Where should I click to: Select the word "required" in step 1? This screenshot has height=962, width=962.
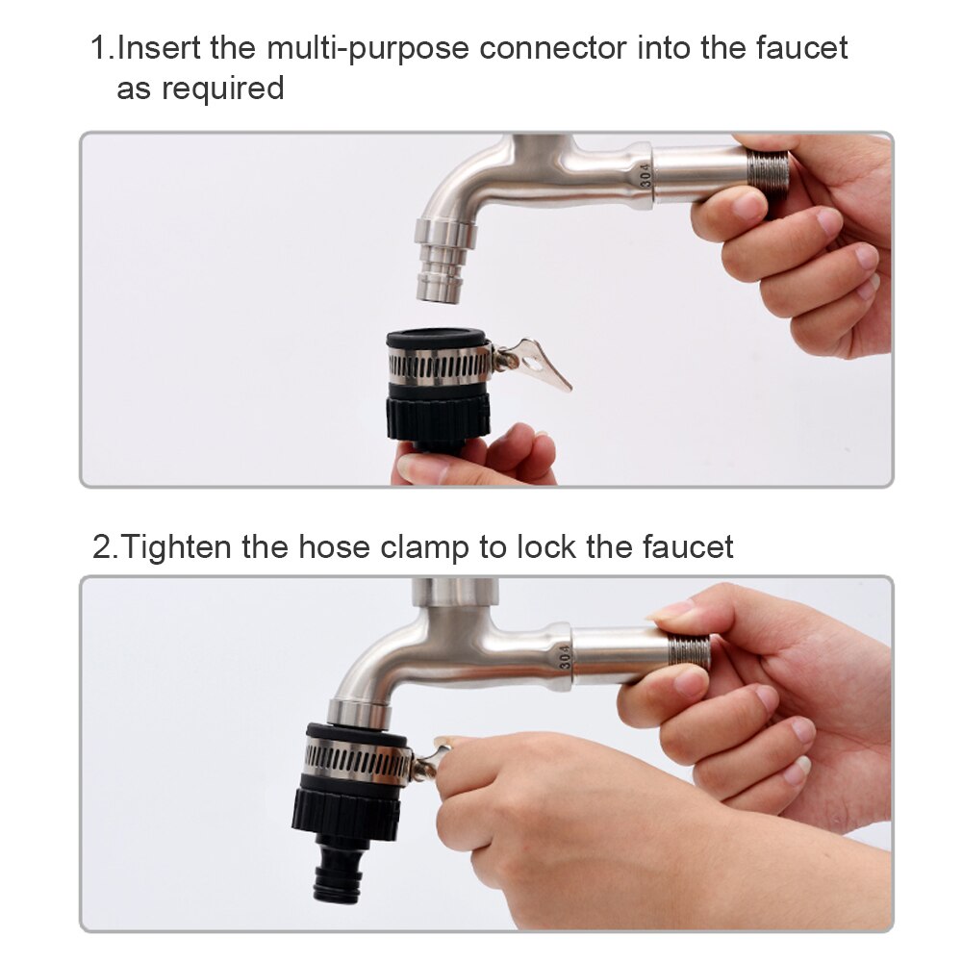[222, 89]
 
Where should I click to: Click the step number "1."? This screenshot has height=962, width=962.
[102, 47]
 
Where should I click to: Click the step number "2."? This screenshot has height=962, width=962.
[105, 547]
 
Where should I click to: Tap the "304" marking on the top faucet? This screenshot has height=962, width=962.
[646, 173]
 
